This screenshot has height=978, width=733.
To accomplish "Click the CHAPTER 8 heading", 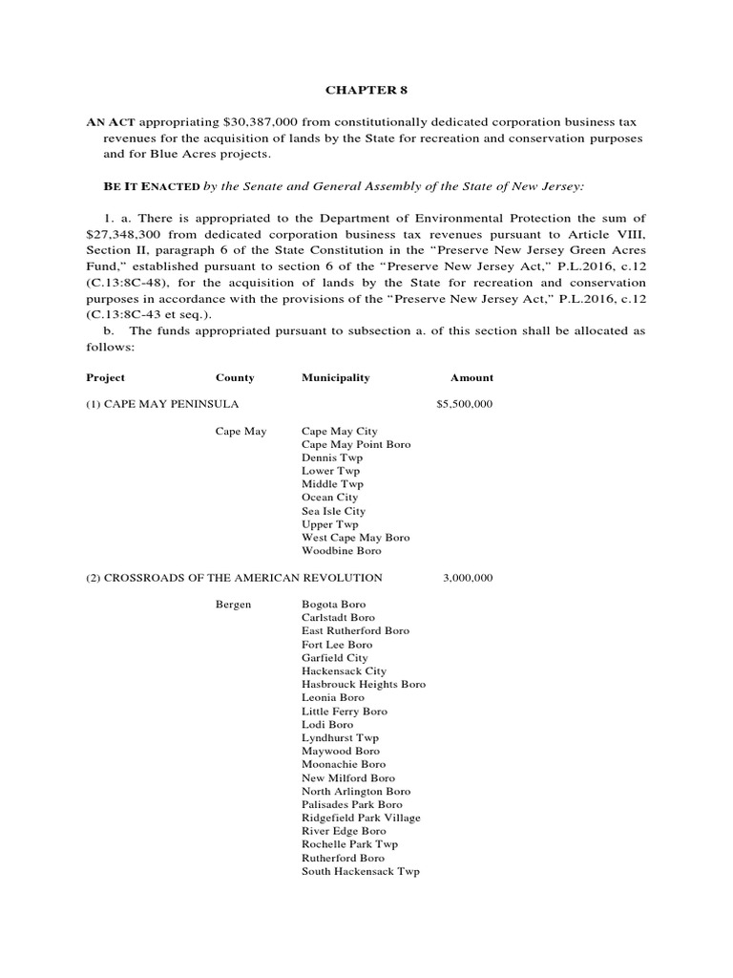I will (360, 90).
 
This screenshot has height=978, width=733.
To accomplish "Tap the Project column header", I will (105, 377).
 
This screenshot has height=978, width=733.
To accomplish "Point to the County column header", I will (235, 377).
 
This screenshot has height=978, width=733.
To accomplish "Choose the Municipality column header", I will (335, 377).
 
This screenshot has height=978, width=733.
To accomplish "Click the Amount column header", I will (471, 377).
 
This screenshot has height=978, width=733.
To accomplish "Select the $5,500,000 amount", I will (464, 404).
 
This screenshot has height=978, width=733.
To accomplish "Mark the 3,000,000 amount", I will (468, 577).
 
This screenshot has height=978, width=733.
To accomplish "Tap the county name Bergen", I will (234, 605).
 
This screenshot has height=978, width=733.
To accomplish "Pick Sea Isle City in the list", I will (333, 511).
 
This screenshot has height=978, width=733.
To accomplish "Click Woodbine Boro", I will (341, 551).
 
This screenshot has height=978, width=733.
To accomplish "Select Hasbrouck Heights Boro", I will (364, 684).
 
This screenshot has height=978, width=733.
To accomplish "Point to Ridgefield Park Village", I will (361, 818).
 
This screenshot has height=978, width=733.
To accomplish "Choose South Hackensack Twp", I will (360, 871).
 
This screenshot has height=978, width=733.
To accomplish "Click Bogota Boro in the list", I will (333, 605).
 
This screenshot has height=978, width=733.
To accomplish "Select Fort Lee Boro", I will (337, 645).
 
